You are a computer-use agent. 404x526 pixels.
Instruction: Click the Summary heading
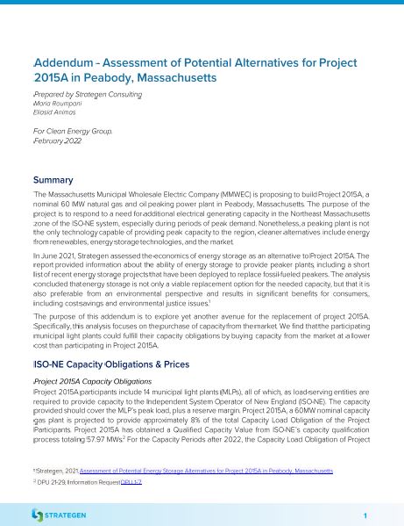click(53, 179)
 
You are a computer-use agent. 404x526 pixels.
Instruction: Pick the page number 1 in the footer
click(364, 512)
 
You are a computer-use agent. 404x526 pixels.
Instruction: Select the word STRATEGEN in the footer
click(71, 512)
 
